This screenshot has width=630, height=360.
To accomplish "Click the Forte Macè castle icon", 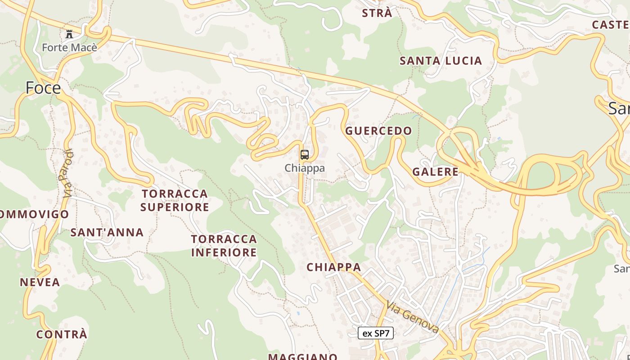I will click(x=69, y=34).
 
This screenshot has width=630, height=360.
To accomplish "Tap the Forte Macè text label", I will click(x=69, y=47).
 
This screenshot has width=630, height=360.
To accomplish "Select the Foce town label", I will click(x=43, y=88).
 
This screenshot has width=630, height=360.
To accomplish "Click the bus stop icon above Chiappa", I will click(x=305, y=155).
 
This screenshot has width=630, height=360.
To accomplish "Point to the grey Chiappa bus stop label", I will click(x=305, y=168).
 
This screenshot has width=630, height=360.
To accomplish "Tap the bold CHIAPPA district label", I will click(x=334, y=267).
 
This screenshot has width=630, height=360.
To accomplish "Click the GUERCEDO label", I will click(x=378, y=131).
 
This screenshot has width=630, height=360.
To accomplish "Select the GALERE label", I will click(x=435, y=171).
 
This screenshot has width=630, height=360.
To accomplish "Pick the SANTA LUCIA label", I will click(x=441, y=61).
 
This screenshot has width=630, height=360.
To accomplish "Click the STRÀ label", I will click(x=377, y=13).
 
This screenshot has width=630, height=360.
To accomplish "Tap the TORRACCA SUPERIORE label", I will click(x=175, y=200).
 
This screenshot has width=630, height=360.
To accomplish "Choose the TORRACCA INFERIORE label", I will click(x=224, y=245).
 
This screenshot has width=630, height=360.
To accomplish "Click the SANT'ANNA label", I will click(x=107, y=232).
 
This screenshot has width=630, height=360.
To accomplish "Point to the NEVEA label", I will click(x=40, y=282).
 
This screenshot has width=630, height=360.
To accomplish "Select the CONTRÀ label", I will click(x=62, y=334).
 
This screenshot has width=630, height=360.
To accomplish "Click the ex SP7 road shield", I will click(x=376, y=333).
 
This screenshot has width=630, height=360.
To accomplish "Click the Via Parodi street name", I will click(x=68, y=173).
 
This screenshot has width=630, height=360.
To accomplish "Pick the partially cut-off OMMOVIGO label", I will click(x=34, y=214).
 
